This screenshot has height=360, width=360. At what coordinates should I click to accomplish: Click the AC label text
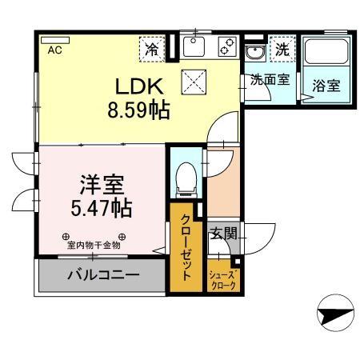point(54,50)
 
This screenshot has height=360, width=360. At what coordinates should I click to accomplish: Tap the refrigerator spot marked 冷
point(151,48)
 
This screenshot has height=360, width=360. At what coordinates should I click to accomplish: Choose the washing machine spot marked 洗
point(282,48)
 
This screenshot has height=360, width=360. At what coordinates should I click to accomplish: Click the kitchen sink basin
point(194,48)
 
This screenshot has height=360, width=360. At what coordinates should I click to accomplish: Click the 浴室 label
point(326,85)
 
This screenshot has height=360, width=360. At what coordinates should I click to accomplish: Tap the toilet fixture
point(185,177)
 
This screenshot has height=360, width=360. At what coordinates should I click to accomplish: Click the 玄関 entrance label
point(223,234)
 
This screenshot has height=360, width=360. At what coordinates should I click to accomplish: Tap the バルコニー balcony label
point(102,274)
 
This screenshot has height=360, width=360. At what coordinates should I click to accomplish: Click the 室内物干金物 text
point(94,245)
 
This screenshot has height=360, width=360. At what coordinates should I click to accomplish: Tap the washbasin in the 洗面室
point(255,54)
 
